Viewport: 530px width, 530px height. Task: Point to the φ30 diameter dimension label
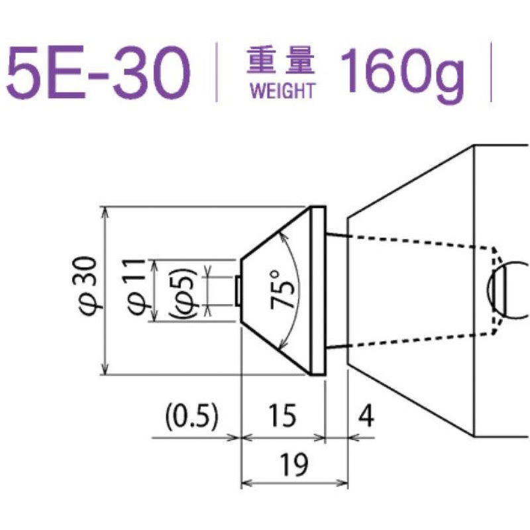tap(92, 290)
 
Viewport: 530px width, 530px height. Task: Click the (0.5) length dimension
tap(191, 417)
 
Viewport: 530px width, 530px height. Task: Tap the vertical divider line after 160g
tap(492, 73)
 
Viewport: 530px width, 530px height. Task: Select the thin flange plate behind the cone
tap(318, 290)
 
